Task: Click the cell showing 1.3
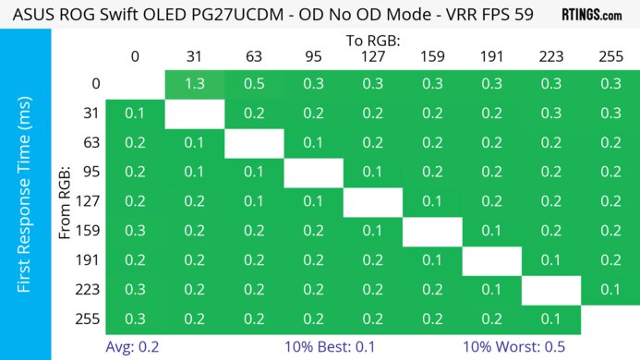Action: tap(194, 84)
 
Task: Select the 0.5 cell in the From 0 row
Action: tap(253, 84)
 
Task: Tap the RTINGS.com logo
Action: tap(592, 15)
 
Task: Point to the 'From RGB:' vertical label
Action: tap(66, 201)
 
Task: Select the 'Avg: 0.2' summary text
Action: tap(134, 347)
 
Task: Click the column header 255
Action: tap(610, 56)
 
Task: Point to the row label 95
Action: tap(90, 173)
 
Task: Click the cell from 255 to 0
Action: tap(135, 319)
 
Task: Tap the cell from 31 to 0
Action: tap(135, 114)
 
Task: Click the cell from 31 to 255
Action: tap(610, 114)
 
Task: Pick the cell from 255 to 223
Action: tap(550, 319)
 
